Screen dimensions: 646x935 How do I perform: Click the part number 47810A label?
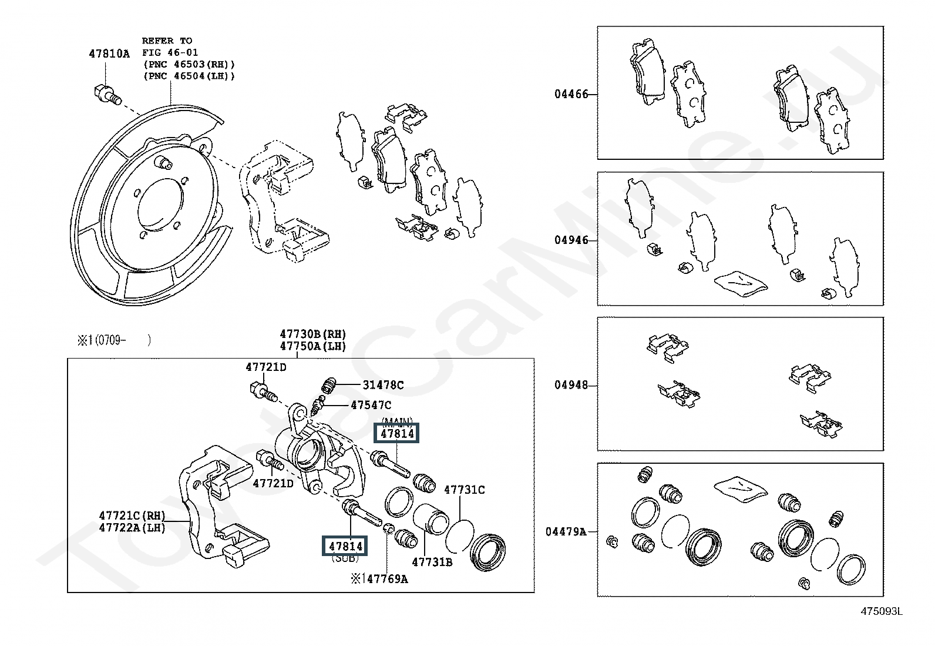point(109,53)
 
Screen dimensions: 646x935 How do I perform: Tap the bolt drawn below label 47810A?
point(106,94)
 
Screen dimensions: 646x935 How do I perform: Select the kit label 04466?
point(571,94)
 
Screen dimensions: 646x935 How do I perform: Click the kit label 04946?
point(571,240)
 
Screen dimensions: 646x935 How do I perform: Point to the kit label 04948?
point(571,386)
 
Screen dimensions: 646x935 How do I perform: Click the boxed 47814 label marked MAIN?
point(398,434)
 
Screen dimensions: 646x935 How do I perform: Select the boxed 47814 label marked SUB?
point(342,546)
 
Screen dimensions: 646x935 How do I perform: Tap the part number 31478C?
point(383,385)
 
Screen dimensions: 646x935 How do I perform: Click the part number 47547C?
point(371,405)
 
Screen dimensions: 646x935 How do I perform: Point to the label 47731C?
point(464,490)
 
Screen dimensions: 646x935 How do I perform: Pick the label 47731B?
point(432,562)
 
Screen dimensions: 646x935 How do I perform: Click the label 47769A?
point(386,579)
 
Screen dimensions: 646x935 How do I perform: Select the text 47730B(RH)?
point(313,334)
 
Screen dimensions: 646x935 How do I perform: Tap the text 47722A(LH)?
point(132,528)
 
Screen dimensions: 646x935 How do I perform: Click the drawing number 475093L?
point(881,611)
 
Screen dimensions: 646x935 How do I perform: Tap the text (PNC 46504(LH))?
point(189,76)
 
